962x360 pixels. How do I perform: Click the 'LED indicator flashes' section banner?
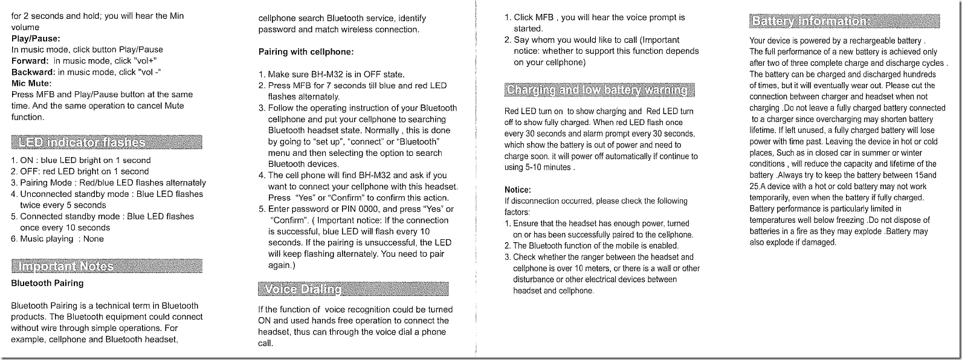(x=106, y=143)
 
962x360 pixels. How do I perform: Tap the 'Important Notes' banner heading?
(x=106, y=266)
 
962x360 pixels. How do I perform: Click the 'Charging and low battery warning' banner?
(x=599, y=90)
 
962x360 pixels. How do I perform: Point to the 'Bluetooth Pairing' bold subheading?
(x=47, y=283)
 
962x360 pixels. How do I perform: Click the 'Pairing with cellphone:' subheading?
(x=306, y=52)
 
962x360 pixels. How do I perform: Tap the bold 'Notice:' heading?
(x=517, y=189)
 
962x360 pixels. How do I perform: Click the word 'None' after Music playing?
(x=93, y=239)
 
